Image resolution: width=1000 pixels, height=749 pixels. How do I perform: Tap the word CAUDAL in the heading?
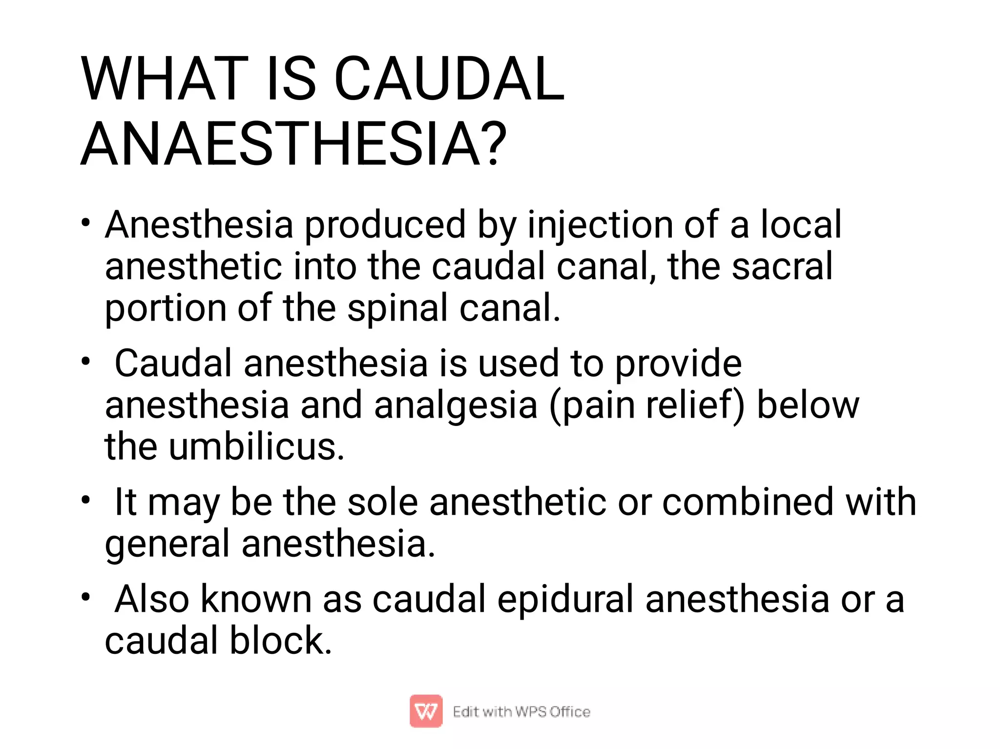(449, 79)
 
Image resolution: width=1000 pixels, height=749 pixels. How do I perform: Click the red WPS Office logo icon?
(426, 711)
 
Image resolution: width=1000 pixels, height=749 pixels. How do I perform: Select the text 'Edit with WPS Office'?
(521, 712)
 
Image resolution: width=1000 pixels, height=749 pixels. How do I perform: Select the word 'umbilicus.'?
(256, 447)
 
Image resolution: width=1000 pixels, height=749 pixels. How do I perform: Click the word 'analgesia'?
(456, 405)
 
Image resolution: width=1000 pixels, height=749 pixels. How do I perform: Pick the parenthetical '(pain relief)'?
(647, 405)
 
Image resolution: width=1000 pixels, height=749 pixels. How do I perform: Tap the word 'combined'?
(748, 502)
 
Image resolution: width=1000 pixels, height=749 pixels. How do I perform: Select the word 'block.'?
(281, 641)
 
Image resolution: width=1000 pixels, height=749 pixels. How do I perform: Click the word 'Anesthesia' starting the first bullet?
(199, 225)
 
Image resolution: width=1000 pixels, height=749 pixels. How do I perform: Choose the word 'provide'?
(678, 364)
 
